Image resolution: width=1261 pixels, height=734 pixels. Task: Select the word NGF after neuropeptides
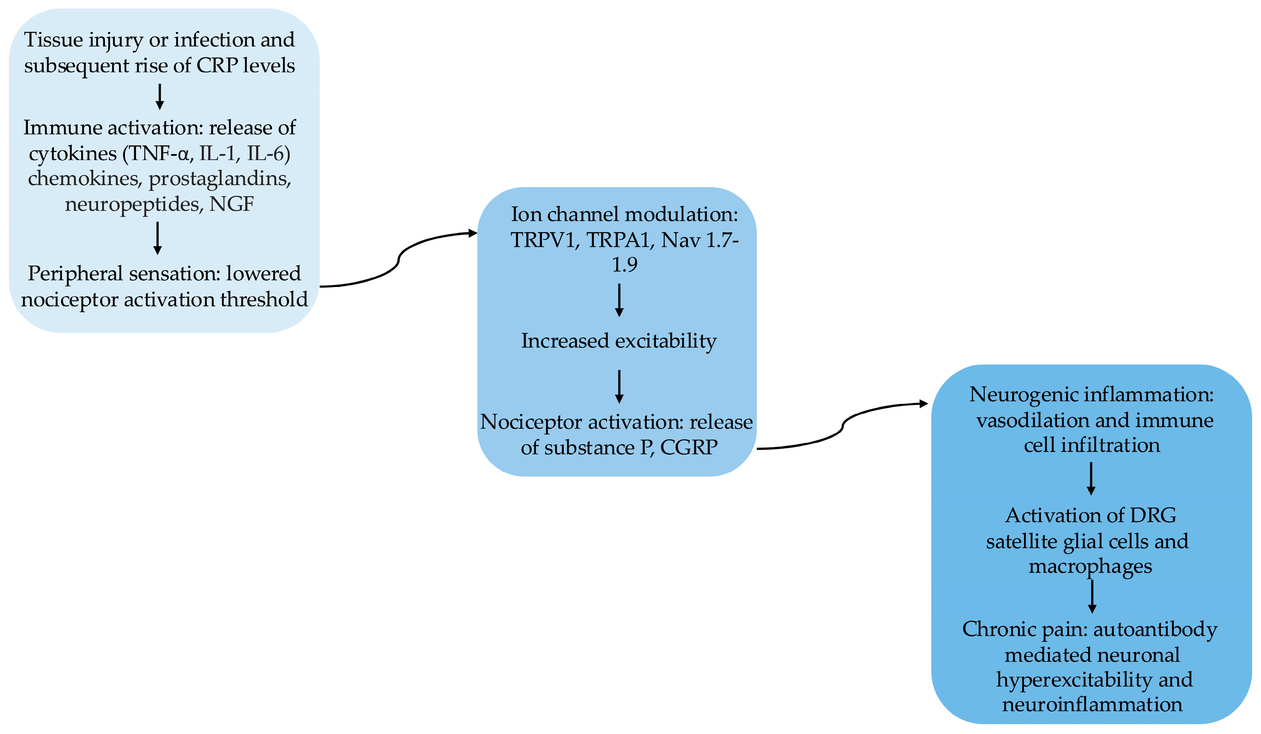click(232, 204)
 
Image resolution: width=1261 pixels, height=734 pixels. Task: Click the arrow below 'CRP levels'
click(159, 97)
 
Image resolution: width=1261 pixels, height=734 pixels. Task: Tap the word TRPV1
click(544, 240)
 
